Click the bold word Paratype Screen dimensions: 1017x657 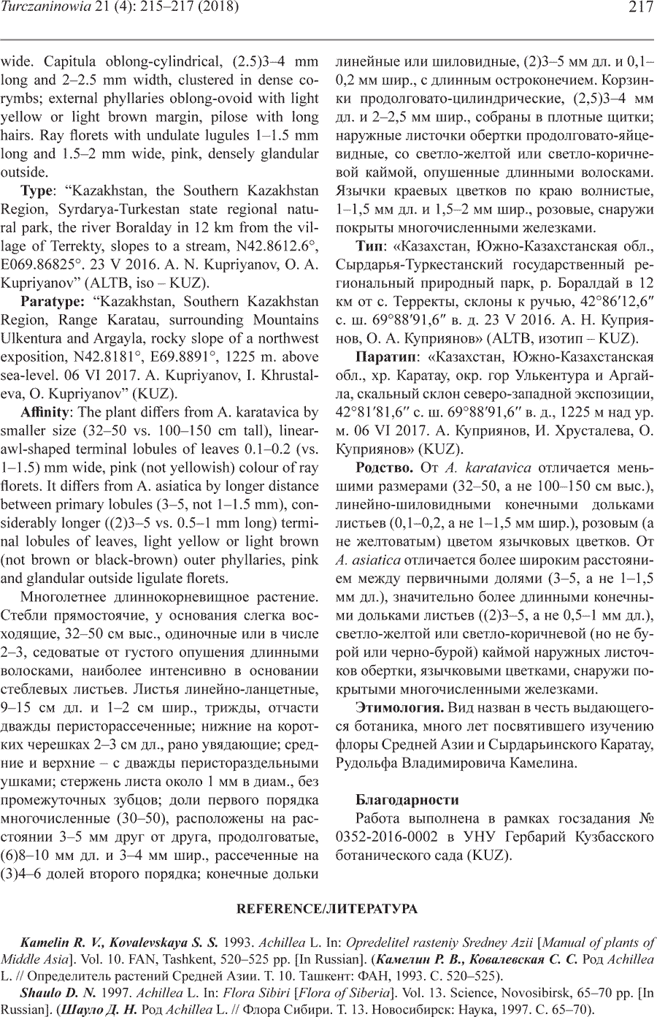click(49, 301)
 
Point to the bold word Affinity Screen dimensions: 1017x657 click(46, 412)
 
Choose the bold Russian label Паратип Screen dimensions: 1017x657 click(385, 357)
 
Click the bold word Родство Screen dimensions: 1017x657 click(384, 468)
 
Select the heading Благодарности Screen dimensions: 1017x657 click(407, 800)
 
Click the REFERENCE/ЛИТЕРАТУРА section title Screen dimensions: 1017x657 click(328, 909)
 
